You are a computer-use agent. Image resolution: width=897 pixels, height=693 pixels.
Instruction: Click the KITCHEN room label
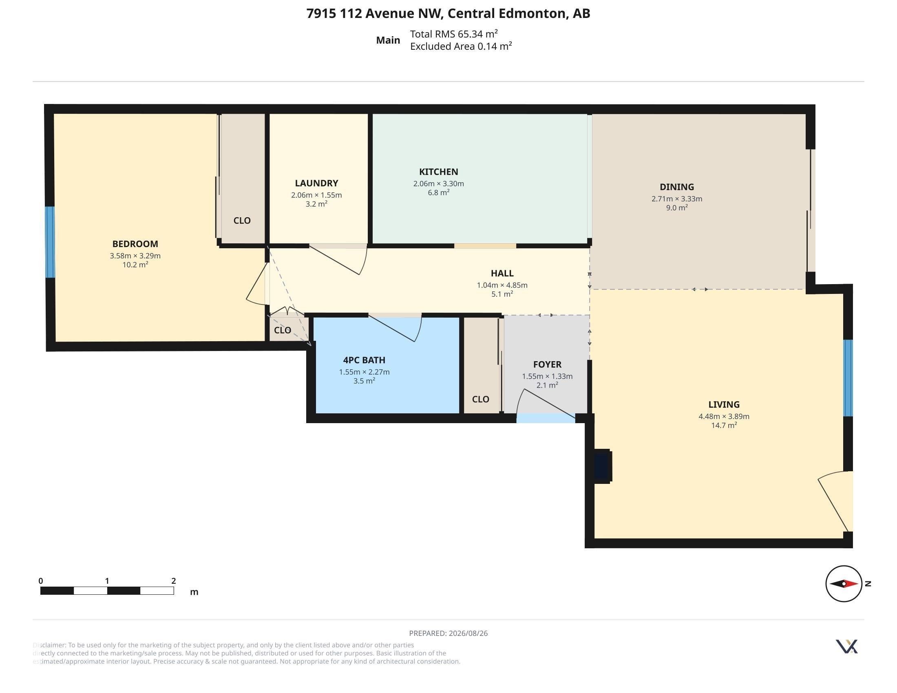[x=438, y=172]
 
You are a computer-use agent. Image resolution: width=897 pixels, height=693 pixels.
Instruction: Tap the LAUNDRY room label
[x=316, y=183]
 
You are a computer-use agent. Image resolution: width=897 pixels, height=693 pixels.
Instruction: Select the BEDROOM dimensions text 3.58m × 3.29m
[x=135, y=256]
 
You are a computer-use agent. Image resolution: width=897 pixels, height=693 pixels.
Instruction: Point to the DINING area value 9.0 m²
[x=677, y=208]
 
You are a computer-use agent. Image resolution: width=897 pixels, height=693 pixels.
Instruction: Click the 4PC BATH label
[x=364, y=360]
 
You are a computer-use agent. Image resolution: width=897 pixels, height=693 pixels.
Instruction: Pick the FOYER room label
[x=547, y=364]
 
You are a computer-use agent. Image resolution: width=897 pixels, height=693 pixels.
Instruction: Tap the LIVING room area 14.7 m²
[x=724, y=425]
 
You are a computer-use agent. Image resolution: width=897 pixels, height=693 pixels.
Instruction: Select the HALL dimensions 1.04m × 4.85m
[x=502, y=285]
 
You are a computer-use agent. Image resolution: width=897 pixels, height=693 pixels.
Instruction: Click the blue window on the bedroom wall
[x=50, y=242]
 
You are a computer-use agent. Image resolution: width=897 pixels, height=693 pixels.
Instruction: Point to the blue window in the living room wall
[x=848, y=378]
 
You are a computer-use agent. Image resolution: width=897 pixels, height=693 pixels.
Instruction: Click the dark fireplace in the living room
[x=603, y=466]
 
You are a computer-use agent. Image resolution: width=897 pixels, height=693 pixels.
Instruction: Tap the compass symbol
[x=844, y=584]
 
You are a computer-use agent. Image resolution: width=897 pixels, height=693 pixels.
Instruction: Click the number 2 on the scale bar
[x=174, y=581]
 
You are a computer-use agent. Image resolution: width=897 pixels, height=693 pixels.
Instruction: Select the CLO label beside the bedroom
[x=242, y=221]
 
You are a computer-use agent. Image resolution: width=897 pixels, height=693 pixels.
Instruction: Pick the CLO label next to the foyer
[x=481, y=399]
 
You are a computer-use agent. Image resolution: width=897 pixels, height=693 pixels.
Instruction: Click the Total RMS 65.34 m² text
[x=454, y=34]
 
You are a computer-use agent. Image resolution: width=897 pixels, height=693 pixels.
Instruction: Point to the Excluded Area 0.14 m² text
[x=461, y=46]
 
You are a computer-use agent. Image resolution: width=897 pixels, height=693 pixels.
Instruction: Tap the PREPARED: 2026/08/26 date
[x=448, y=633]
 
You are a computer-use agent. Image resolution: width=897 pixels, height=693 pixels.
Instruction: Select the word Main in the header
[x=388, y=40]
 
